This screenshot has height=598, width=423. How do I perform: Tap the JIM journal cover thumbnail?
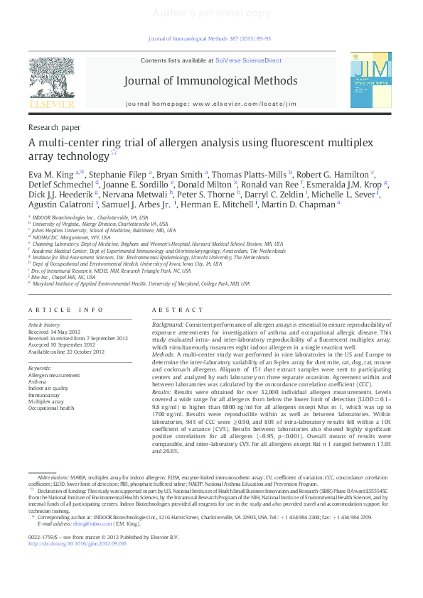[370, 85]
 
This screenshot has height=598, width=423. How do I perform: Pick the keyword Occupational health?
[51, 408]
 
